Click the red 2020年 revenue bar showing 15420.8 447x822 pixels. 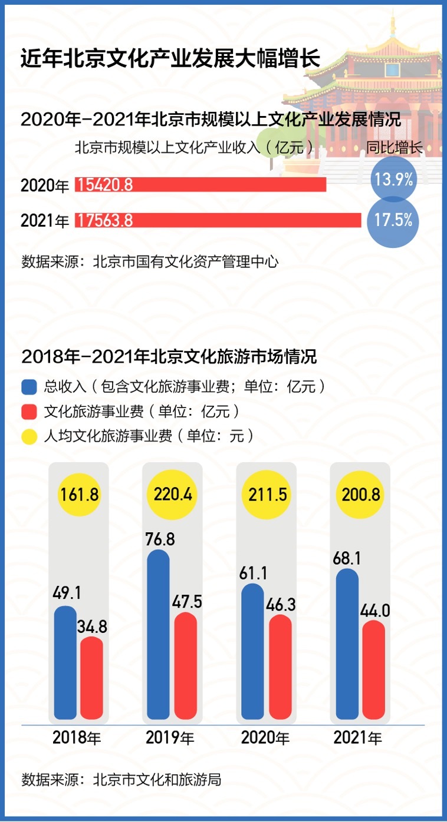pyautogui.click(x=201, y=185)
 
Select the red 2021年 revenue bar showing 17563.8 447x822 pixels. pyautogui.click(x=218, y=220)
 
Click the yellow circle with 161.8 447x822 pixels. pyautogui.click(x=80, y=494)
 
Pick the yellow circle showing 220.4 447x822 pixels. pyautogui.click(x=173, y=494)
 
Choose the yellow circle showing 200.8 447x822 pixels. pyautogui.click(x=360, y=494)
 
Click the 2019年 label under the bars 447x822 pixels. pyautogui.click(x=170, y=737)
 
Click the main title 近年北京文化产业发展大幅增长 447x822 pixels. pyautogui.click(x=170, y=59)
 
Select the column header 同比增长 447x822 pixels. pyautogui.click(x=395, y=147)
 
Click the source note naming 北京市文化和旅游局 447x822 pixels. pyautogui.click(x=121, y=781)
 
